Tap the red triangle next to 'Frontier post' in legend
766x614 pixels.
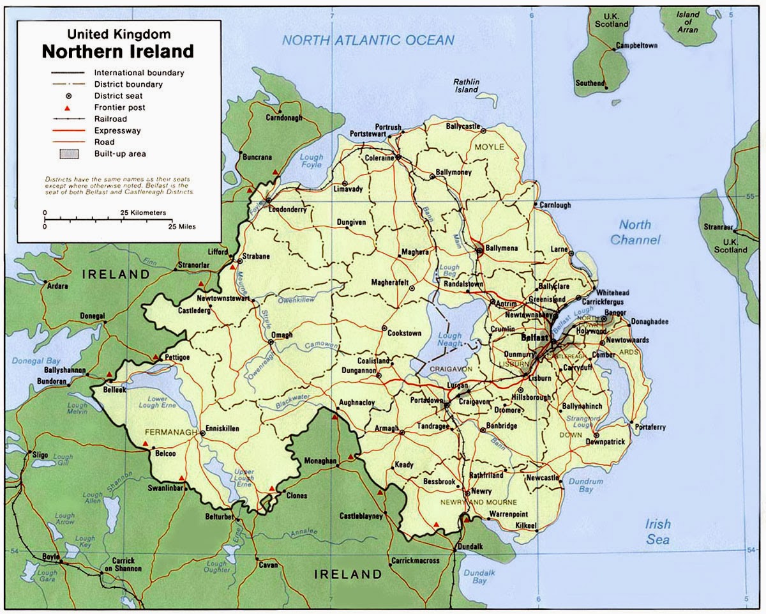(x=66, y=108)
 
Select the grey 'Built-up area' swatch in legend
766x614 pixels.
(x=69, y=153)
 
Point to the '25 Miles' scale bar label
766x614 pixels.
(x=182, y=227)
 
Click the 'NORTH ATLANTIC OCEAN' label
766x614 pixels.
(x=368, y=40)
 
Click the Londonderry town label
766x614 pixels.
(x=288, y=210)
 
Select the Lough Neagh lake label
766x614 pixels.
(x=449, y=339)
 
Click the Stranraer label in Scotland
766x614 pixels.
(x=717, y=226)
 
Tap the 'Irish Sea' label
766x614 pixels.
(x=657, y=531)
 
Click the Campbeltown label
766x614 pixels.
(x=637, y=46)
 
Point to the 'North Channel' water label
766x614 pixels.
(x=635, y=232)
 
